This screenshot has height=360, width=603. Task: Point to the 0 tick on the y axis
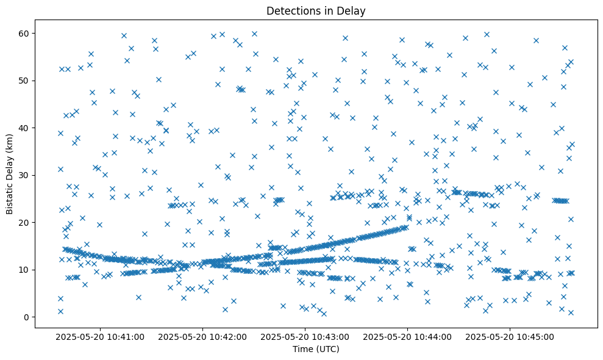click(x=27, y=317)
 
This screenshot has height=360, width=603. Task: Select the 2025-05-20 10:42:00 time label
click(x=203, y=336)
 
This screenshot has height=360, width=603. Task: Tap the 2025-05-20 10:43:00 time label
click(x=305, y=336)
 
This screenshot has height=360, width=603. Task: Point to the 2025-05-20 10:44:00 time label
click(x=408, y=336)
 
